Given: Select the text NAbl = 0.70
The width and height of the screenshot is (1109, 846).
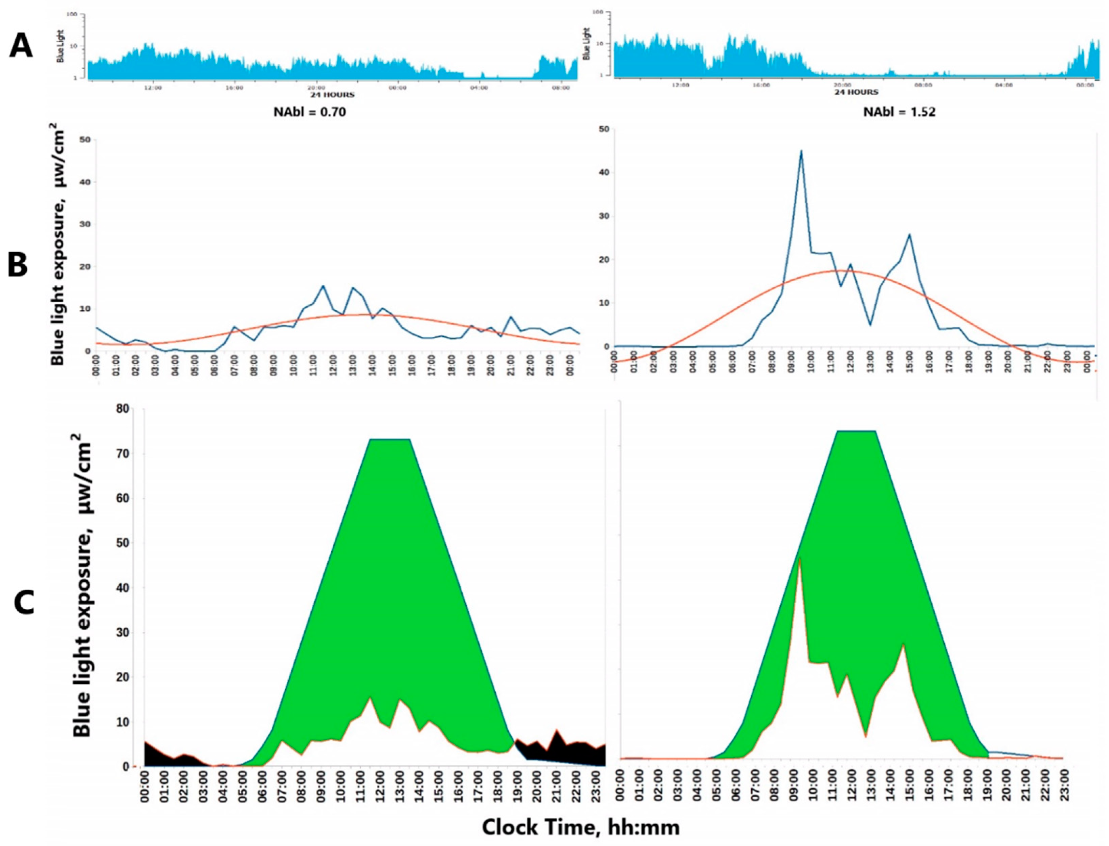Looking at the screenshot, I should [x=310, y=112].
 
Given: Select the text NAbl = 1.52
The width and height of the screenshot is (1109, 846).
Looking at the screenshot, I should [x=899, y=112].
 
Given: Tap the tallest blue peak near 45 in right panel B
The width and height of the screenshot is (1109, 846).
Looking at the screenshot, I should [x=801, y=151].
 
